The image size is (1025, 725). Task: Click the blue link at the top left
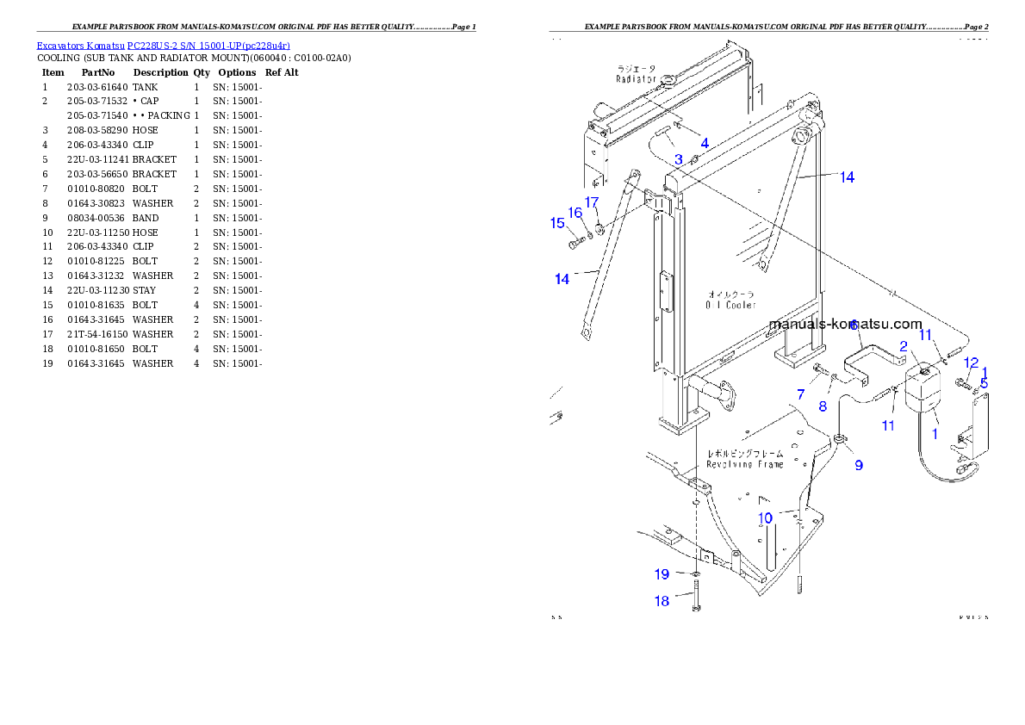coord(163,46)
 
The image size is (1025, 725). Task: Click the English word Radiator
coord(637,78)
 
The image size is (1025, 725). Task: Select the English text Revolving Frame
coord(745,464)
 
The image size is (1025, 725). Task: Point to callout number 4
coord(705,143)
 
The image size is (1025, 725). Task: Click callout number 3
coord(679,159)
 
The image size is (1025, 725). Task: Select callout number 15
coord(557,223)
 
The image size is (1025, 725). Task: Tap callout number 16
coord(575,214)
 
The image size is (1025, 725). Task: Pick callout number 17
coord(592,202)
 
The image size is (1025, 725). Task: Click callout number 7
coord(800,394)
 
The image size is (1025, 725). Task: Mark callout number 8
coord(823,406)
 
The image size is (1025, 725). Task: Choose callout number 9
coord(859,465)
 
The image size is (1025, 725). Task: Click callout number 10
coord(765,517)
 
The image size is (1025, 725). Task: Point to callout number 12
coord(971,362)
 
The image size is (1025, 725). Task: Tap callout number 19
coord(662,574)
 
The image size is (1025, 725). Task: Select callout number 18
coord(662,601)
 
